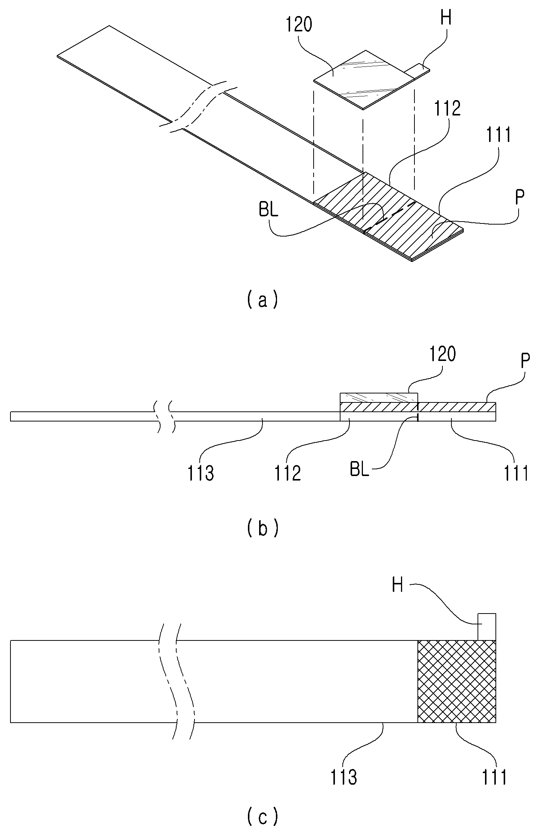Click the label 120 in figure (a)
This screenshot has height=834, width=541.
coord(299,25)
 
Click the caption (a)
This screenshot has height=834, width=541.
coord(263,300)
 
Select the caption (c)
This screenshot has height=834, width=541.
coord(263,815)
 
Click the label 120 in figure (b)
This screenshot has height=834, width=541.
coord(442,354)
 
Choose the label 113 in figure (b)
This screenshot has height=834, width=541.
coord(201,473)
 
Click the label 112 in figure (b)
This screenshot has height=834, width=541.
coord(288,473)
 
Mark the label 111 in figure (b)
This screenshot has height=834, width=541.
coord(516,473)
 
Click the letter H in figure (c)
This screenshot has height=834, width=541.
coord(398,586)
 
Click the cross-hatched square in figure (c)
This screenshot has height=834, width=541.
coord(457,682)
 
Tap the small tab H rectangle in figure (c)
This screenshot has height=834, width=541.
coord(487,627)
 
